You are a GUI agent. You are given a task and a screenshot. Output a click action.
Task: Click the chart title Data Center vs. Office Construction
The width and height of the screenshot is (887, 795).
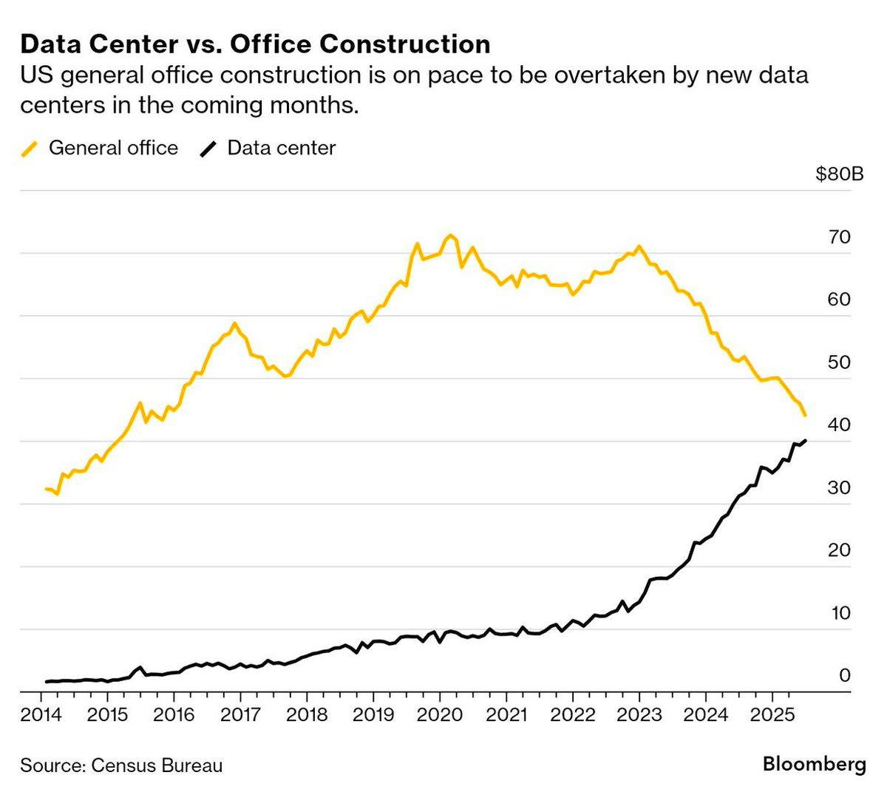click(x=255, y=44)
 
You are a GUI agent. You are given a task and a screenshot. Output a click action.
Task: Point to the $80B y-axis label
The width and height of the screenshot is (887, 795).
click(x=840, y=175)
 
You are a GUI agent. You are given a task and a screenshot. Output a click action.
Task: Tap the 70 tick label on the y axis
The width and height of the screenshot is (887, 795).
click(x=840, y=237)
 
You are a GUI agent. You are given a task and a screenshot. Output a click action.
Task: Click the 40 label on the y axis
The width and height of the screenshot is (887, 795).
click(x=840, y=425)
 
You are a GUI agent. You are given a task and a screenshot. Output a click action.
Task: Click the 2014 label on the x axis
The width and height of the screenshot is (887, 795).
click(x=41, y=714)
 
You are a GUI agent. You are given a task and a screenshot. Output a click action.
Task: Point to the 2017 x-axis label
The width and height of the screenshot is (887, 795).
click(x=240, y=714)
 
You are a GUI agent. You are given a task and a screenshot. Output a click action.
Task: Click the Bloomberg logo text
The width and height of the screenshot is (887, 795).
click(x=814, y=764)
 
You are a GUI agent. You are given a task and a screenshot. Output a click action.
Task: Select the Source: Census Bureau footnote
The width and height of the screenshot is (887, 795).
click(x=121, y=765)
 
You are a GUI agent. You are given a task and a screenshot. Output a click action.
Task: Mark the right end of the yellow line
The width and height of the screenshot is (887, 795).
click(x=804, y=416)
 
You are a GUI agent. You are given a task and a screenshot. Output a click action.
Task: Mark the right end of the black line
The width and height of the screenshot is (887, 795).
click(x=805, y=441)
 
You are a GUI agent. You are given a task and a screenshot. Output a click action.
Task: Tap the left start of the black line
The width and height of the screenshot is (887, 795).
click(x=46, y=682)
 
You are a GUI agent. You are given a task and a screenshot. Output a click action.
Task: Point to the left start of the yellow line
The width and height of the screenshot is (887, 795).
click(x=46, y=489)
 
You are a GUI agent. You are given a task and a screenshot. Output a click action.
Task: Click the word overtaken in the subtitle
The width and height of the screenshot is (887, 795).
click(x=591, y=75)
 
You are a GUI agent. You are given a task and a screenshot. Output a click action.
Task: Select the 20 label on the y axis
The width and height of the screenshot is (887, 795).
click(x=840, y=550)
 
